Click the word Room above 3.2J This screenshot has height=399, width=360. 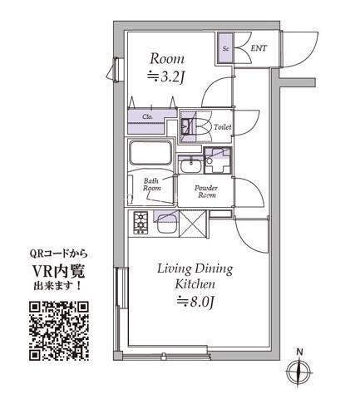166,59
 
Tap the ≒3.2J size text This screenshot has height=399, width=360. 166,78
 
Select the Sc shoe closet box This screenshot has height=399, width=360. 225,48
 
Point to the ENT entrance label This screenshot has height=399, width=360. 259,49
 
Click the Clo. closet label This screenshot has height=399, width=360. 147,116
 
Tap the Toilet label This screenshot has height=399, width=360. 222,127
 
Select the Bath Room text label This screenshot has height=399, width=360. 151,185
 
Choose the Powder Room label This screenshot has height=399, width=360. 205,192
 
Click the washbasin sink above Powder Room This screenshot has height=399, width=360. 192,162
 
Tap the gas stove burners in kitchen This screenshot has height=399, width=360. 140,222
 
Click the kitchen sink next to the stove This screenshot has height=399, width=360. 167,222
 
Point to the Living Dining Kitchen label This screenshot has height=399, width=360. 195,277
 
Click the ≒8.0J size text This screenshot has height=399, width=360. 195,304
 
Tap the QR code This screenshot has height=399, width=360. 59,331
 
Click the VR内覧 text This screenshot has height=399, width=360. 59,271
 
